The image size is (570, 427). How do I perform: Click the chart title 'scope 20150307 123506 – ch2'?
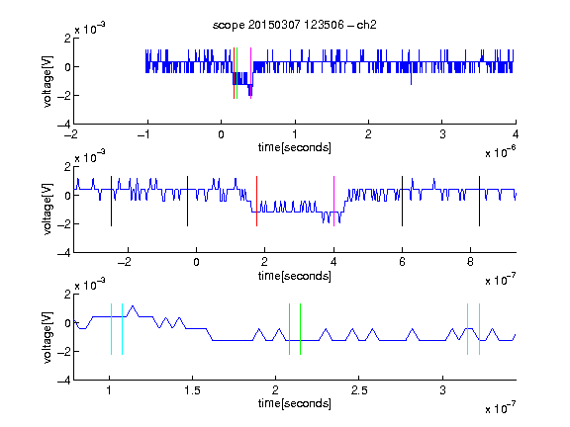[x=295, y=25]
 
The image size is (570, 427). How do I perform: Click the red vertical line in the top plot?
[x=235, y=73]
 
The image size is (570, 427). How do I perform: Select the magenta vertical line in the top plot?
[x=250, y=73]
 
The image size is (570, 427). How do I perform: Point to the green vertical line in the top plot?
[x=237, y=73]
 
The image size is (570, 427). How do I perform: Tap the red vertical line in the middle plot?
[x=256, y=202]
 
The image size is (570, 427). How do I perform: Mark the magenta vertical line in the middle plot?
[x=333, y=202]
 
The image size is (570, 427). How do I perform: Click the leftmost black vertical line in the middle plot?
[x=111, y=202]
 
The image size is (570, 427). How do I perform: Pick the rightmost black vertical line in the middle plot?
[x=479, y=202]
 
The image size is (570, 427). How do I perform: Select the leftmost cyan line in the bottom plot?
[x=111, y=329]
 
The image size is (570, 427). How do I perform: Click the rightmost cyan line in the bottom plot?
[x=479, y=329]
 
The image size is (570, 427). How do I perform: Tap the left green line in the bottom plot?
[x=289, y=329]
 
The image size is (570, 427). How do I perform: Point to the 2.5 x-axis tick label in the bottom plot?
[x=359, y=390]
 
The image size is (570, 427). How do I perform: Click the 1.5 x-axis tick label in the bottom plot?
[x=192, y=390]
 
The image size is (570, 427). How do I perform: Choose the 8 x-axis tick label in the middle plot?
[x=470, y=262]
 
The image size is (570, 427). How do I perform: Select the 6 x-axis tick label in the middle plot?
[x=402, y=262]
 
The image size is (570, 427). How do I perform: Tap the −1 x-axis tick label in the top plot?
[x=144, y=134]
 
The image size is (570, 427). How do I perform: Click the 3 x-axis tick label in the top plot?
[x=442, y=134]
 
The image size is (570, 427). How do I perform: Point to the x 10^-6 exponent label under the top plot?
[x=500, y=152]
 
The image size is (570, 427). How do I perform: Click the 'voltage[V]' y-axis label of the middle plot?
[x=47, y=210]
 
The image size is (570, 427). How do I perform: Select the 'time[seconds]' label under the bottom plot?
[x=295, y=403]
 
